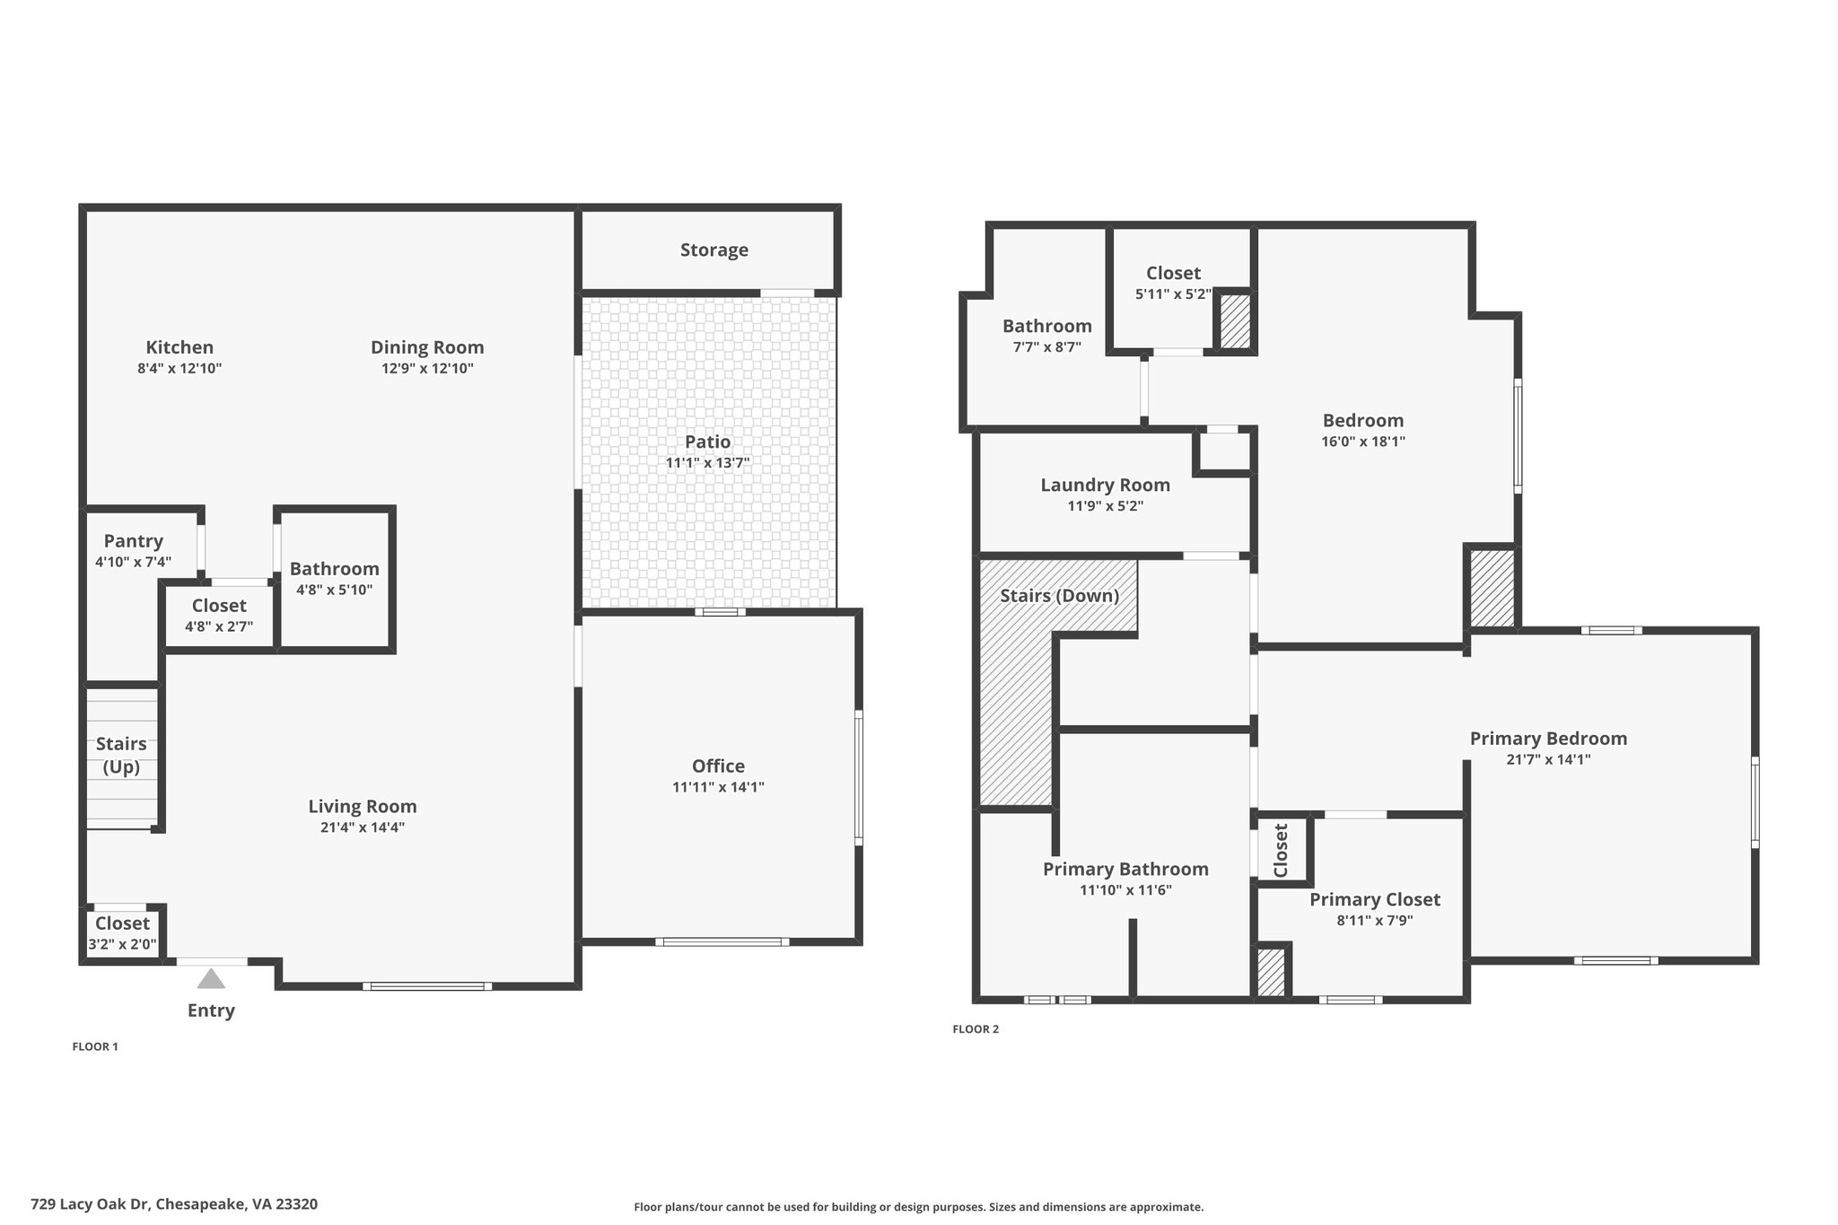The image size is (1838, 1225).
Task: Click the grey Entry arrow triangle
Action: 211,978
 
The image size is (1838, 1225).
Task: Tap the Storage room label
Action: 714,250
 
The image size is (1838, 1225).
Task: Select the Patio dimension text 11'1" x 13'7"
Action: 708,463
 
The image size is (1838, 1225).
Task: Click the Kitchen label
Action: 179,347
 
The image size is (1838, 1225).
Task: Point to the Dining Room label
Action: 427,347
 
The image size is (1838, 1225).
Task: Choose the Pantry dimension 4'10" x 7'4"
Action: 134,562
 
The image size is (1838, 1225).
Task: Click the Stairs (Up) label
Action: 121,755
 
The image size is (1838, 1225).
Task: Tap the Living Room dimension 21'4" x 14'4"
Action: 363,827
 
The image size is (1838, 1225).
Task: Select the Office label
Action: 718,766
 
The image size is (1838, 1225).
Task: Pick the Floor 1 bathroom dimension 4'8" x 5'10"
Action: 335,590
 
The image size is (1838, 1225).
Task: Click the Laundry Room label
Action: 1106,485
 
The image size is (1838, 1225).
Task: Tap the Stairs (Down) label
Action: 1060,596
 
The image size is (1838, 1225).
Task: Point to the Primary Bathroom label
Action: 1125,869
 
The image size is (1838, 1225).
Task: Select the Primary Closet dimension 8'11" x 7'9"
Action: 1375,920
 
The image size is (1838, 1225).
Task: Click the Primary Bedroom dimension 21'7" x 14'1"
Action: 1549,759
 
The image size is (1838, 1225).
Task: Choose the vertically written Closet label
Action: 1281,851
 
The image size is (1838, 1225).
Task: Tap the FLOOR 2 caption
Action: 976,1029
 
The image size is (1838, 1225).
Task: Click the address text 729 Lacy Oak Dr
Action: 92,1204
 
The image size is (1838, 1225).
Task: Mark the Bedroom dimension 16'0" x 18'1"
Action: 1363,442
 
